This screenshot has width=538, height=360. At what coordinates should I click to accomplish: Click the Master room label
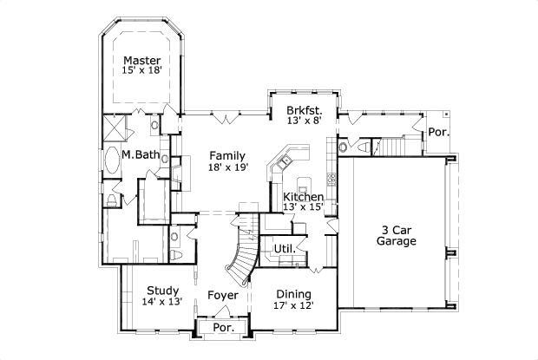click(x=141, y=61)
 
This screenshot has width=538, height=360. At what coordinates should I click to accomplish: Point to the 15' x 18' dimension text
click(x=141, y=72)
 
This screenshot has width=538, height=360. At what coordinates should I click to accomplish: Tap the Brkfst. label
click(x=304, y=110)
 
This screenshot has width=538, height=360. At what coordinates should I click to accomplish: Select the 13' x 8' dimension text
click(x=304, y=121)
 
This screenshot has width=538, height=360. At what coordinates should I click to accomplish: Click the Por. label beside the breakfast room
click(x=438, y=132)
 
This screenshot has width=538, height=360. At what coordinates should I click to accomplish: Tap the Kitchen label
click(x=304, y=197)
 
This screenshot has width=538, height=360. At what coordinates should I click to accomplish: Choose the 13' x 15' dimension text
click(x=304, y=207)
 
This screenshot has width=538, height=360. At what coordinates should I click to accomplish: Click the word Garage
click(x=396, y=241)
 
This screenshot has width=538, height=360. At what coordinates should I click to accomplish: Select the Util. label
click(x=284, y=249)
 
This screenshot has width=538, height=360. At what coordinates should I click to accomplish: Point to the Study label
click(x=162, y=291)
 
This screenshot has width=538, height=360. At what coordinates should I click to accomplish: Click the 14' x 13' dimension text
click(x=162, y=303)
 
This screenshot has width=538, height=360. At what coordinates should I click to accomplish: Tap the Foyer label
click(x=223, y=296)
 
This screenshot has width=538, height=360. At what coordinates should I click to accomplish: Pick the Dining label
click(x=293, y=293)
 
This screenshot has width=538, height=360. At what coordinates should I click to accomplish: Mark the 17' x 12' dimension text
click(x=293, y=305)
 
